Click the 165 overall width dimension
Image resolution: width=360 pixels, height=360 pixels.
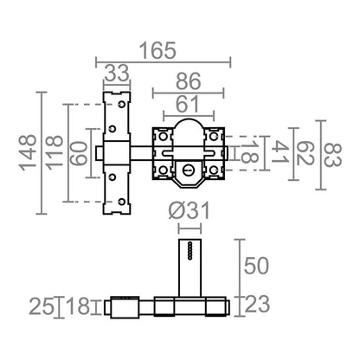coord(157,51)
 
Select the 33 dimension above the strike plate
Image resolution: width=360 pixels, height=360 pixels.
coord(117,74)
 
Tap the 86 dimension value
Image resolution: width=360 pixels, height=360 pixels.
coord(189,81)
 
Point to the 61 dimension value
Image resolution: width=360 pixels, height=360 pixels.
coord(188,104)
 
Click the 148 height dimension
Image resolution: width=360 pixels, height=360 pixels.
coord(28,152)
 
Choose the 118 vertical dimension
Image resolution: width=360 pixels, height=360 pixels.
coord(54,152)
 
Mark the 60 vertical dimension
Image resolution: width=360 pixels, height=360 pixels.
coord(79,154)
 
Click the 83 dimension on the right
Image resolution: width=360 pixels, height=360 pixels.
coord(332,155)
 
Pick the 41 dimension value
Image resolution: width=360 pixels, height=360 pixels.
coord(280,151)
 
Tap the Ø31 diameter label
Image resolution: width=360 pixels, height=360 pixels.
coord(190,210)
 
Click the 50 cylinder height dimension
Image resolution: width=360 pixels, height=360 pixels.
coord(256,266)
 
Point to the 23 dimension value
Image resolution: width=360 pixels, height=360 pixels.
coord(257,304)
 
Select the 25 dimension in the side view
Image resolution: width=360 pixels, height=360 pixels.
coord(42,306)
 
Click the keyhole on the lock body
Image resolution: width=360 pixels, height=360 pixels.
coord(188,170)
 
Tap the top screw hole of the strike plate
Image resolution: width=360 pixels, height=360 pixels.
coord(122,104)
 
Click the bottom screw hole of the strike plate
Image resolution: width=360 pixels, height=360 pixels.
coord(122,202)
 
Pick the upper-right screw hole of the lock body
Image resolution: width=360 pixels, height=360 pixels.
coord(214,136)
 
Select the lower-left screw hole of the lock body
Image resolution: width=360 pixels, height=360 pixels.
coord(163,170)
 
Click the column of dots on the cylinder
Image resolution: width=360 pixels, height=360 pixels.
coord(190,250)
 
